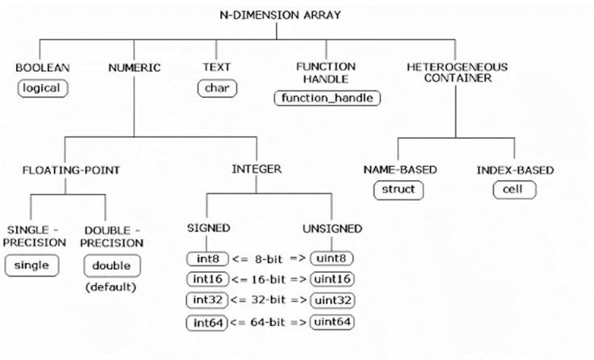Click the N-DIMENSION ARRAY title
[280, 15]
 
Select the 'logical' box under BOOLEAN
[43, 88]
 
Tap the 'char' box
[217, 88]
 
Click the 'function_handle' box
[328, 98]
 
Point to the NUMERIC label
[135, 68]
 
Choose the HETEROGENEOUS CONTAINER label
[458, 73]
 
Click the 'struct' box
[399, 190]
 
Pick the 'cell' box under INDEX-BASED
[514, 190]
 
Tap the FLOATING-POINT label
[71, 170]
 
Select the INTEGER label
[257, 169]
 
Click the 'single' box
[31, 266]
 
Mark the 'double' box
[111, 266]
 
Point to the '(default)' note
[111, 287]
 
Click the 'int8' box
[207, 259]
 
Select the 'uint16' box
[333, 279]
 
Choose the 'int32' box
[207, 300]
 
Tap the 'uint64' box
[333, 322]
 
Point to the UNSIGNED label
[333, 228]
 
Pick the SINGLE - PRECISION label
[35, 236]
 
